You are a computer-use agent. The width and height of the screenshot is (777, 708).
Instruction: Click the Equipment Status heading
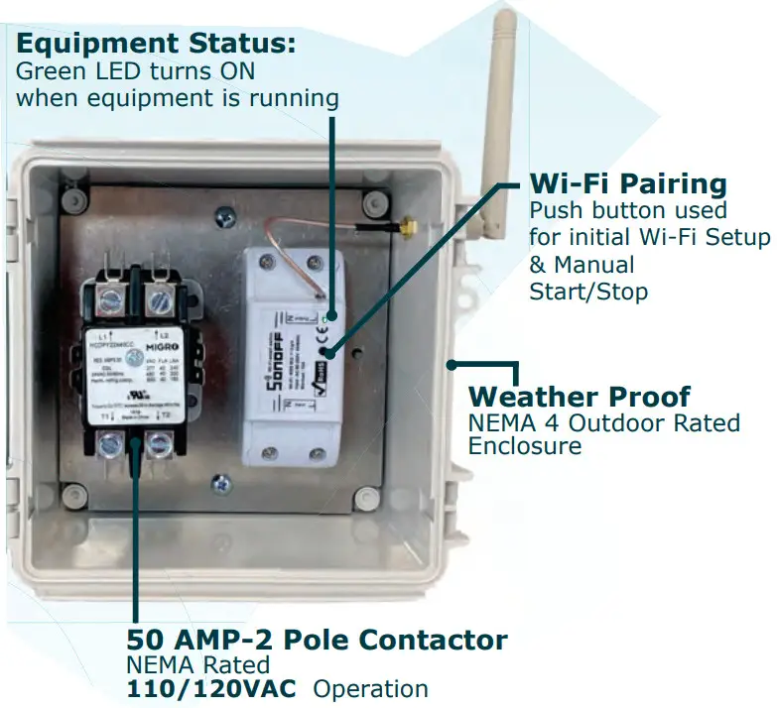(x=156, y=45)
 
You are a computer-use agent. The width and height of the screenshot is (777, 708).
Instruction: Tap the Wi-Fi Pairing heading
(x=627, y=183)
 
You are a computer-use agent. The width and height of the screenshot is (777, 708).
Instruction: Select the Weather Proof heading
(x=579, y=397)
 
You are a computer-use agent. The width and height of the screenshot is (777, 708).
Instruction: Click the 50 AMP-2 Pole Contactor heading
(x=317, y=639)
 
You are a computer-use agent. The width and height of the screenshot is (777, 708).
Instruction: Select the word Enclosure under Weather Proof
(x=524, y=446)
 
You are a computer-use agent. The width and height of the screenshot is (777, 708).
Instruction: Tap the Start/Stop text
(x=587, y=292)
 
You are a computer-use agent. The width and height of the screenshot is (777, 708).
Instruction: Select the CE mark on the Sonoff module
(x=325, y=333)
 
